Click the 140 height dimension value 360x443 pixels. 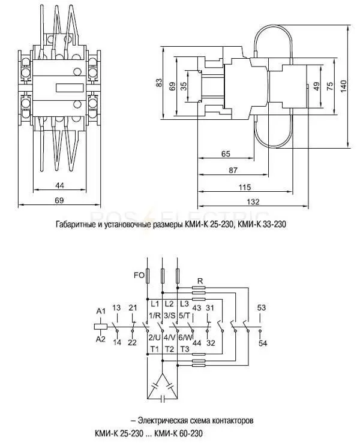[343, 86]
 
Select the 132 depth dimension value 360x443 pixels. [253, 202]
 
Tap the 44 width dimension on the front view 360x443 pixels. [59, 185]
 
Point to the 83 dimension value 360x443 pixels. [159, 83]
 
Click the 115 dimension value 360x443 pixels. [245, 187]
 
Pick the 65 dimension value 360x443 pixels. [226, 154]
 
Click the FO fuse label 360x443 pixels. [139, 275]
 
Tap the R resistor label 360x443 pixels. [200, 281]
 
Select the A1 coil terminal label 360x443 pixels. [101, 311]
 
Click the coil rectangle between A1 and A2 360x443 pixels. [100, 327]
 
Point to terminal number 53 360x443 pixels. [262, 308]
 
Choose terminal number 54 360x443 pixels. [263, 343]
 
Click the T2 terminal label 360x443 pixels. [169, 349]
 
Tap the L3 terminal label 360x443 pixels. [184, 305]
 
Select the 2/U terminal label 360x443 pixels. [155, 337]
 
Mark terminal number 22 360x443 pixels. [132, 343]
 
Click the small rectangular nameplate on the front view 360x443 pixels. [70, 88]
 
